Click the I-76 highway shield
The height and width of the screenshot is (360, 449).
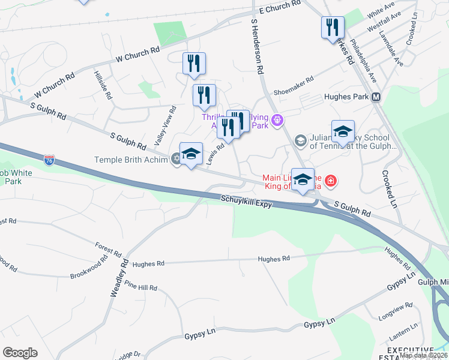tap(49, 160)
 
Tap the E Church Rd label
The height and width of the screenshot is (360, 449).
tap(279, 7)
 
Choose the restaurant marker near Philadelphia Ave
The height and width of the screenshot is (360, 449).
tap(332, 28)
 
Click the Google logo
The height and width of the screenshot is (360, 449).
tap(20, 353)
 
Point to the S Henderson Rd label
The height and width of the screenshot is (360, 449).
tap(257, 46)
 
